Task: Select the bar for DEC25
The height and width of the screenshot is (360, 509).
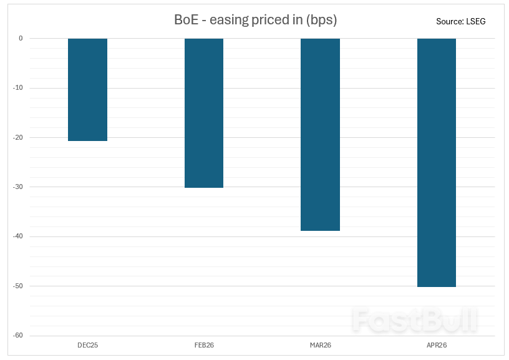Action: [87, 89]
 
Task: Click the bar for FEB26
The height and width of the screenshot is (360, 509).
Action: [204, 113]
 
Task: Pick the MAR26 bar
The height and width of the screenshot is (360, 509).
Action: [320, 134]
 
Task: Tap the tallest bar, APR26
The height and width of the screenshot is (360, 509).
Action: [437, 162]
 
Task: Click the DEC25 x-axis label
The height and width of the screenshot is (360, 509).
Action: [87, 345]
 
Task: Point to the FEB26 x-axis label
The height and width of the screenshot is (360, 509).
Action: [204, 345]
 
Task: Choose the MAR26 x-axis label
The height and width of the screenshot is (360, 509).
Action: [320, 345]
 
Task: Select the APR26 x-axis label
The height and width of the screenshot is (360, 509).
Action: [437, 345]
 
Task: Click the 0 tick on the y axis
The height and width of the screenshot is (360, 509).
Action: [21, 38]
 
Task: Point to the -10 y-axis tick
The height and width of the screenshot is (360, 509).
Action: [19, 88]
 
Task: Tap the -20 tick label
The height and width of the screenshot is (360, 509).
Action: [19, 137]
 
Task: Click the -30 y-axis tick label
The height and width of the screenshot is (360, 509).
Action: [19, 187]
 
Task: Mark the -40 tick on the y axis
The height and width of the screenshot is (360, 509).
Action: [19, 236]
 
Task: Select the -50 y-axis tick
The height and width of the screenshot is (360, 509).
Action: [19, 286]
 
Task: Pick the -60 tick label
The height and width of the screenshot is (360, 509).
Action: [19, 336]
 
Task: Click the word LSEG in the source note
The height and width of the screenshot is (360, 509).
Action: [475, 21]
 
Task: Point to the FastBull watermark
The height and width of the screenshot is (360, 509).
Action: [415, 320]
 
